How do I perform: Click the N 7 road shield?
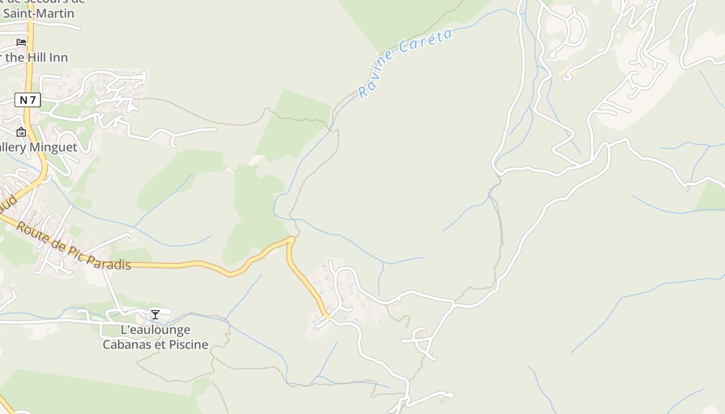pos(27,100)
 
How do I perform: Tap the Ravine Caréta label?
pos(405,63)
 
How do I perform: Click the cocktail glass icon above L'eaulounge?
pos(155,314)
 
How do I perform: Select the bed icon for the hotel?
pos(21,42)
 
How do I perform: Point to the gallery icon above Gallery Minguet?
pos(21,132)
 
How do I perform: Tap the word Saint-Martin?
pos(39,13)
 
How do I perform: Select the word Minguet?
pos(53,147)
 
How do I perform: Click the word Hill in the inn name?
pos(38,57)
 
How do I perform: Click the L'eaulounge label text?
pos(155,330)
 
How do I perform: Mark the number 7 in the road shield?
pos(33,100)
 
